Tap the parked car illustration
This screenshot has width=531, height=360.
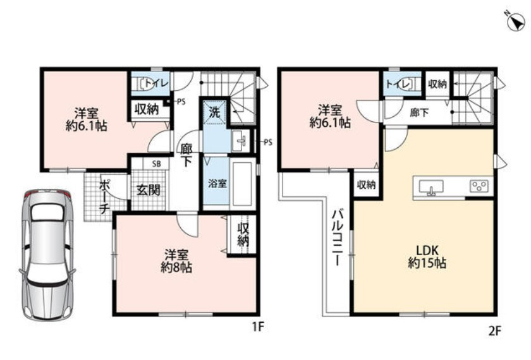pos(47,255)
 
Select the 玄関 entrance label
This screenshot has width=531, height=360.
pos(149,190)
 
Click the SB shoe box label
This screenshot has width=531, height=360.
pos(156,164)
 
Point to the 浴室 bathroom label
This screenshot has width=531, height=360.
pos(217,184)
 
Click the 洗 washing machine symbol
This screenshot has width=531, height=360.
pos(214,112)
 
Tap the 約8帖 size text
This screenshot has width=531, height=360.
pos(176,268)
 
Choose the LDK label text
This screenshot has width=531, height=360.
pos(427,251)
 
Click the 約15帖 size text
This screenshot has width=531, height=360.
pos(427,263)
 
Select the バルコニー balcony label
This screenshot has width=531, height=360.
pos(337,237)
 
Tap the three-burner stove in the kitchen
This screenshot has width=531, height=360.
pos(479,186)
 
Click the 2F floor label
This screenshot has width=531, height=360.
pos(494,330)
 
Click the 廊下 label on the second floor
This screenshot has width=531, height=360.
pos(419,112)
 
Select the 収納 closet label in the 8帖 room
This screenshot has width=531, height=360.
pos(243,235)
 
